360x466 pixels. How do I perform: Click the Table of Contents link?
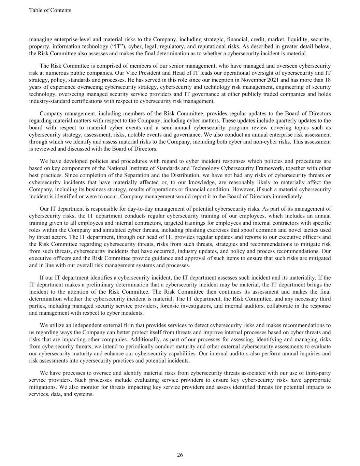pyautogui.click(x=50, y=10)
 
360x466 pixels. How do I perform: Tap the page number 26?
pyautogui.click(x=180, y=455)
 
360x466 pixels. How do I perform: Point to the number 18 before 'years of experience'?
pyautogui.click(x=327, y=80)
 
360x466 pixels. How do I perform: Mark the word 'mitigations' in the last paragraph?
pyautogui.click(x=43, y=387)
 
